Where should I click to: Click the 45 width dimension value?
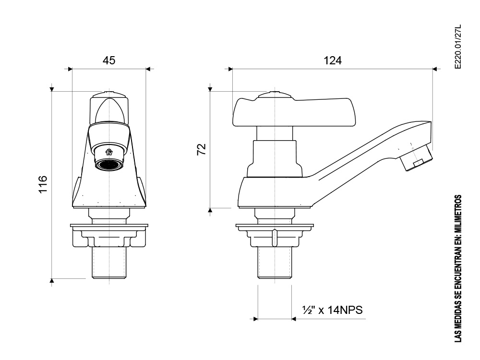coord(109,60)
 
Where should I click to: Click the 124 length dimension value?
coord(333,60)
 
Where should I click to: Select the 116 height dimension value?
coord(43,185)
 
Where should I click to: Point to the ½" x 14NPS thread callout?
coord(333,310)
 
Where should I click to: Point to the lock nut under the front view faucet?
coord(109,236)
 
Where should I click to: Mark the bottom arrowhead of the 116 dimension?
coord(52,281)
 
